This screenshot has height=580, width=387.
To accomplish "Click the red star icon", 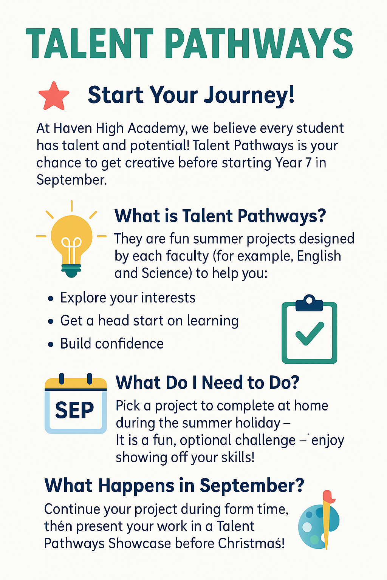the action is (54, 96).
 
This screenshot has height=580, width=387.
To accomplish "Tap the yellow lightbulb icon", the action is (71, 239).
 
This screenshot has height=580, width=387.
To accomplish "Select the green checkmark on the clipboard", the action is (310, 333).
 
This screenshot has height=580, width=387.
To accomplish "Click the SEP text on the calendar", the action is (74, 410).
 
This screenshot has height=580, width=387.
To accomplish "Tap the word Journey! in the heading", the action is (249, 95).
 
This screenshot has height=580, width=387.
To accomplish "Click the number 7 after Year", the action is (308, 163).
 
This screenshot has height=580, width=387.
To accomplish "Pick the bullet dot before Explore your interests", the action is (51, 299).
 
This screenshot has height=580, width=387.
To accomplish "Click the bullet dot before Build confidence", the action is (51, 345).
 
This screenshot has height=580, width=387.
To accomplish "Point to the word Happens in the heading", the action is (136, 486).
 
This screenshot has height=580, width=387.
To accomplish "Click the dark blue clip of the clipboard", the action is (309, 303).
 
